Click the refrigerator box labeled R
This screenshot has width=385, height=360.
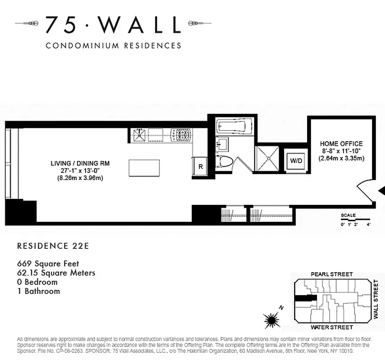pyautogui.click(x=200, y=166)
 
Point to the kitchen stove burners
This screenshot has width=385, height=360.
pyautogui.click(x=181, y=134)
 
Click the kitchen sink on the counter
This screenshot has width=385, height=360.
pyautogui.click(x=140, y=134)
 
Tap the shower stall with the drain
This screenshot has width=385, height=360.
pyautogui.click(x=268, y=159)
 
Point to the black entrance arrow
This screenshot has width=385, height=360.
pyautogui.click(x=381, y=191)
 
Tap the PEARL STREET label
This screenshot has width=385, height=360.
pyautogui.click(x=332, y=274)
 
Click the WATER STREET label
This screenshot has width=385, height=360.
pyautogui.click(x=332, y=327)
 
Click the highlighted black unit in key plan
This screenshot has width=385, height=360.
pyautogui.click(x=303, y=297)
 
